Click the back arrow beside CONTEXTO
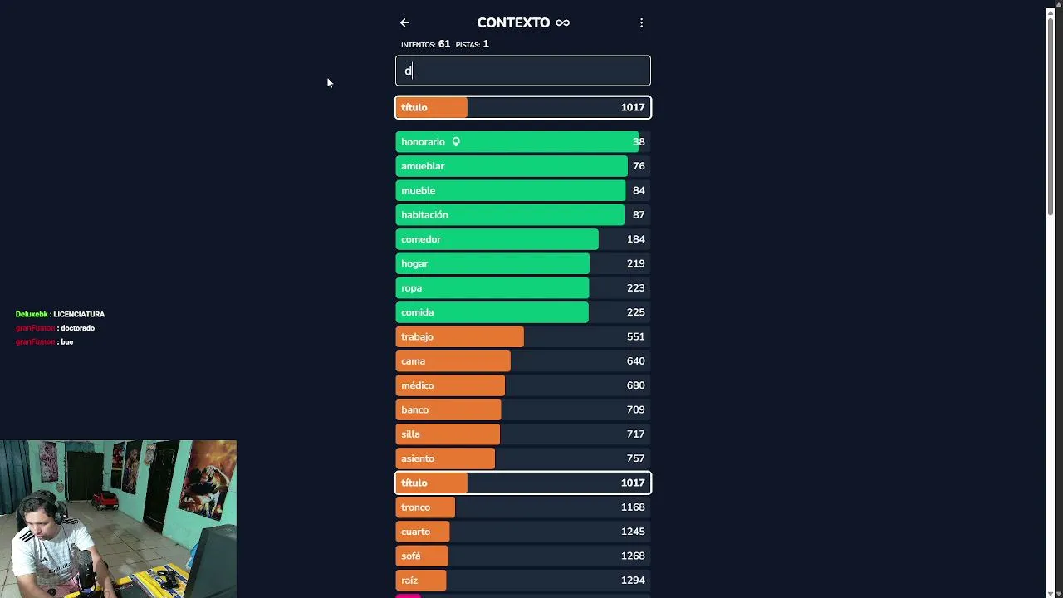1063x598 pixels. (404, 22)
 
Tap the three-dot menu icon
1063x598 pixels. (641, 22)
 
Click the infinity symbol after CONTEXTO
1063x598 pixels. (562, 22)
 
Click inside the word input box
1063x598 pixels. (523, 71)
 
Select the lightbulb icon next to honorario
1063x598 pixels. (456, 141)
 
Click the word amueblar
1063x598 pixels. (423, 166)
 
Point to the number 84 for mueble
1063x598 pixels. (639, 190)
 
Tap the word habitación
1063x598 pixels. (424, 215)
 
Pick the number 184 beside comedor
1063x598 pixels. (636, 239)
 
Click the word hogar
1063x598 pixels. (414, 264)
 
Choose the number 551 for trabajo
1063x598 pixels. (635, 336)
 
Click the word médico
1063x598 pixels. (417, 385)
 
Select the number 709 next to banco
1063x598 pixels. (635, 409)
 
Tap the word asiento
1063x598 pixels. (418, 458)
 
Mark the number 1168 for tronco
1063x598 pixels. (633, 507)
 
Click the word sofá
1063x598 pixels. (410, 556)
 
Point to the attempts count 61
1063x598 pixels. (444, 44)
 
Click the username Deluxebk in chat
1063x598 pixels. (32, 314)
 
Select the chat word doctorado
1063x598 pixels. (78, 328)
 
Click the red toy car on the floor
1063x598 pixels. (105, 500)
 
